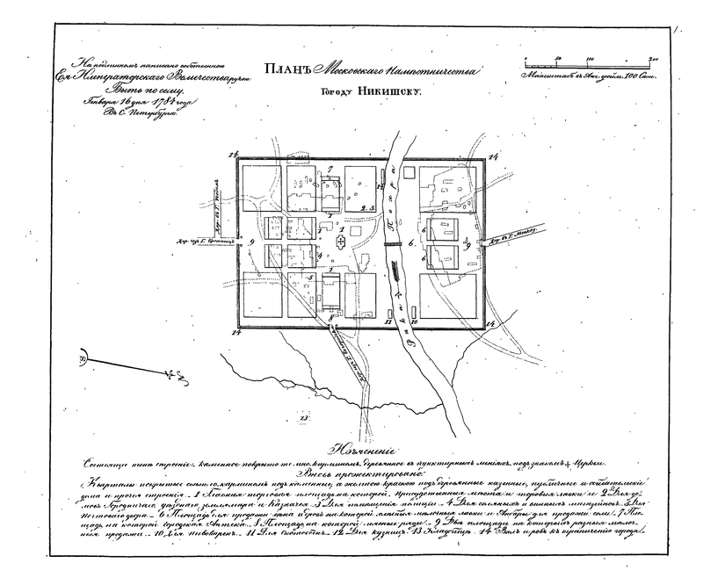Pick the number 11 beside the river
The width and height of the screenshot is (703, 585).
(388, 323)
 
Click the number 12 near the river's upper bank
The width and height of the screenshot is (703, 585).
(380, 187)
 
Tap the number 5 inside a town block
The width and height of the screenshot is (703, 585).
(309, 278)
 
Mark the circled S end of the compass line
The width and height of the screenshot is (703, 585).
(83, 359)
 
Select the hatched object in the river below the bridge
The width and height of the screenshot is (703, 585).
(396, 279)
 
